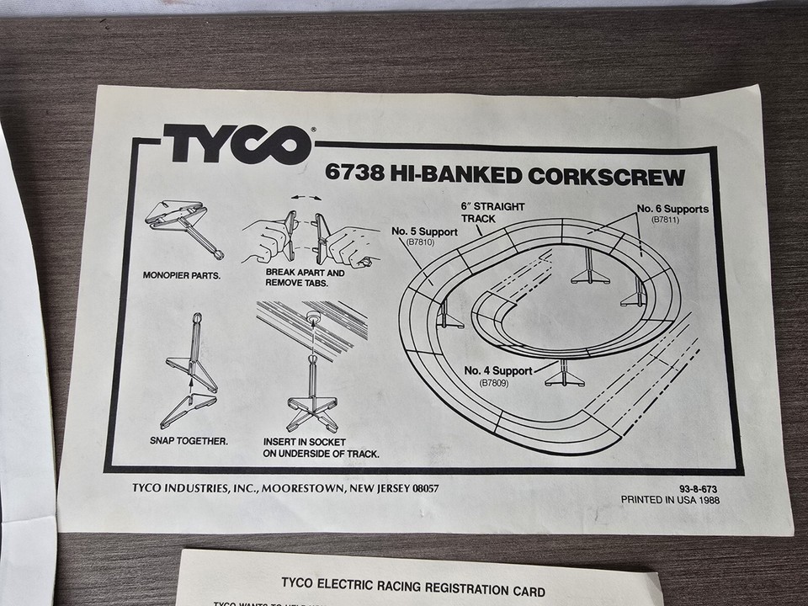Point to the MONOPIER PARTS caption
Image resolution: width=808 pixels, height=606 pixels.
(x=182, y=274)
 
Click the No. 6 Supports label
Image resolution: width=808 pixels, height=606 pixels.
(x=672, y=209)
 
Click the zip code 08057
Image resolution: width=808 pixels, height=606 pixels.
(x=423, y=488)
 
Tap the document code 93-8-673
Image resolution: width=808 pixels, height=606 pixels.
(x=698, y=487)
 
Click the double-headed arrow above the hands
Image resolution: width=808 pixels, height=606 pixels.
(x=305, y=195)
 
